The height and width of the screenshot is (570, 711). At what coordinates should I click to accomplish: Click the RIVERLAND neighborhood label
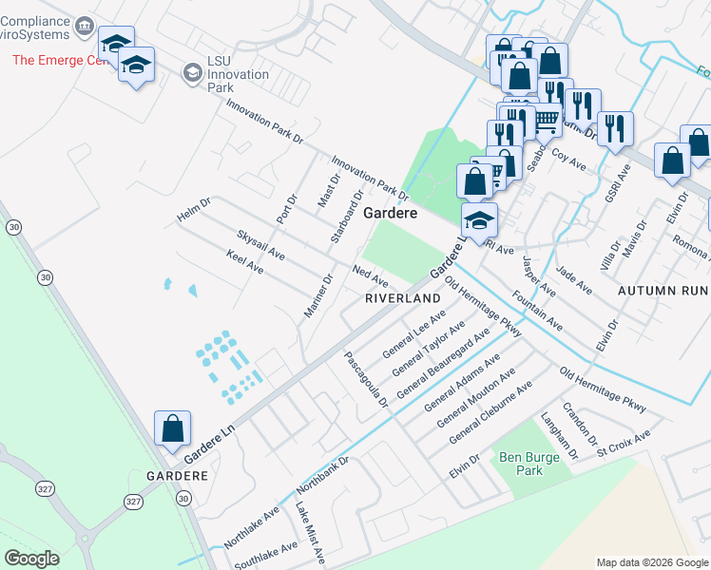(403, 298)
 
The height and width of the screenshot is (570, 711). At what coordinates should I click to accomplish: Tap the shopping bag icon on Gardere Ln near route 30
(172, 428)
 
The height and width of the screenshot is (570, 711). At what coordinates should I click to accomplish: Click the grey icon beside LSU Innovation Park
(193, 72)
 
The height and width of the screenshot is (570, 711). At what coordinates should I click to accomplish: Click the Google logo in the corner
(31, 559)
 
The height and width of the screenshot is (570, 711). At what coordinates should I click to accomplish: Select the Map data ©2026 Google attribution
(651, 562)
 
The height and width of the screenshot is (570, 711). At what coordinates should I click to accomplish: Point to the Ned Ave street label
(371, 276)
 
